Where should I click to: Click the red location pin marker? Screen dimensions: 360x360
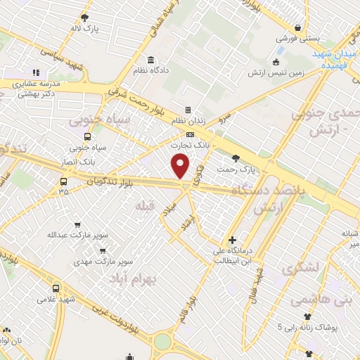(181, 165)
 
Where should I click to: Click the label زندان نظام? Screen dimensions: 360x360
(188, 121)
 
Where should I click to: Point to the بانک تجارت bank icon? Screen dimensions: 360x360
(190, 134)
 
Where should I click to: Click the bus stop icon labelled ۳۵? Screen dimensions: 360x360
(63, 181)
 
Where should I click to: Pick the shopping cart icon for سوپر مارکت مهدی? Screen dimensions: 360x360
(103, 250)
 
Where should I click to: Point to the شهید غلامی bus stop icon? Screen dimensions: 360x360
(56, 288)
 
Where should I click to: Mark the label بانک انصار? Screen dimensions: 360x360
(78, 162)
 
